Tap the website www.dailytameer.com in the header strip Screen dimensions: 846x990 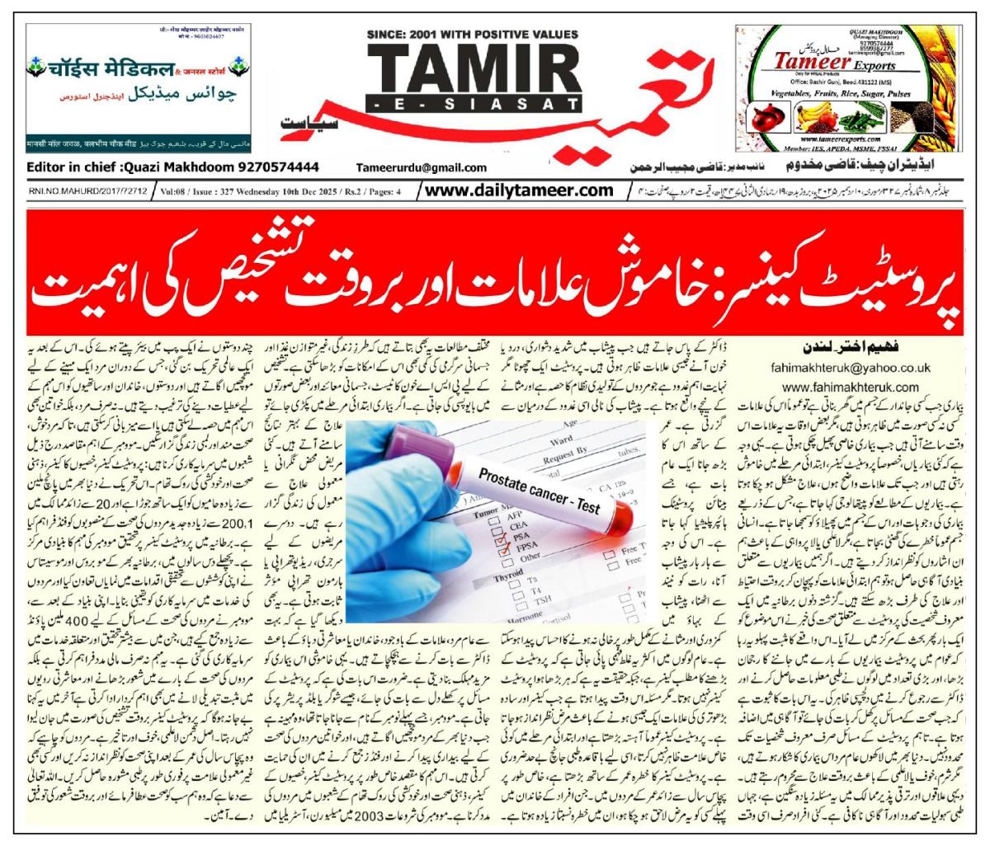(x=521, y=190)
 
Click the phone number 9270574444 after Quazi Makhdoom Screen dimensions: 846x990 (x=276, y=166)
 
